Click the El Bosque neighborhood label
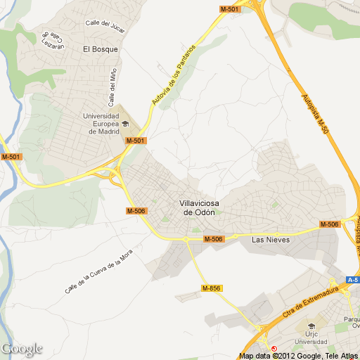pos(100,49)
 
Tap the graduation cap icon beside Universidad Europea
pos(125,124)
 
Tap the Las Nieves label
pos(271,239)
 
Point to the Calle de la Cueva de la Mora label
pos(99,274)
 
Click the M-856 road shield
pos(211,288)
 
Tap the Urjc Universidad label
pos(310,338)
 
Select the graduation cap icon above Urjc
pos(310,326)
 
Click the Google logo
pos(22,349)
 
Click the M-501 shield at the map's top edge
pos(229,9)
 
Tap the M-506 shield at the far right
pos(329,224)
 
